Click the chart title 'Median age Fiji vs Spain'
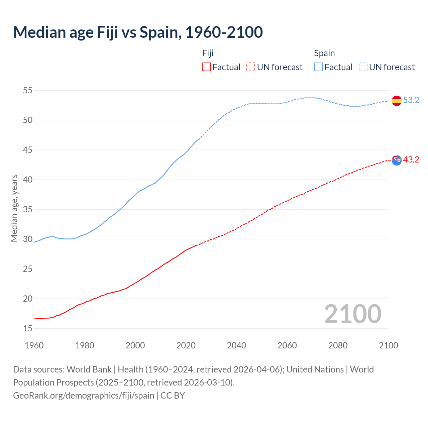coord(138,32)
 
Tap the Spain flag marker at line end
coord(397,100)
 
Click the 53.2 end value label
coord(411,100)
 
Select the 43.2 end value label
coord(411,160)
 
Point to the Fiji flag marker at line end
coord(397,160)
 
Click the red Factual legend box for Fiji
coord(206,67)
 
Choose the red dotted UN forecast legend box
coord(251,67)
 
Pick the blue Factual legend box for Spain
coord(319,67)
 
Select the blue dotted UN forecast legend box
coord(363,67)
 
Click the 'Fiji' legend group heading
coord(208,53)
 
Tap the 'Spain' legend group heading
coord(324,53)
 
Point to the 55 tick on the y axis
coord(28,90)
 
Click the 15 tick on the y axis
coord(28,329)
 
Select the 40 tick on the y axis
coord(28,180)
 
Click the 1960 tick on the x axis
coord(34,345)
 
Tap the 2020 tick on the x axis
coord(186,345)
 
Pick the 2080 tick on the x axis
coord(338,345)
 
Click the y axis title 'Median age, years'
coord(14,208)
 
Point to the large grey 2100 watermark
coord(353,314)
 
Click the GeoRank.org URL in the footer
coord(84,396)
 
